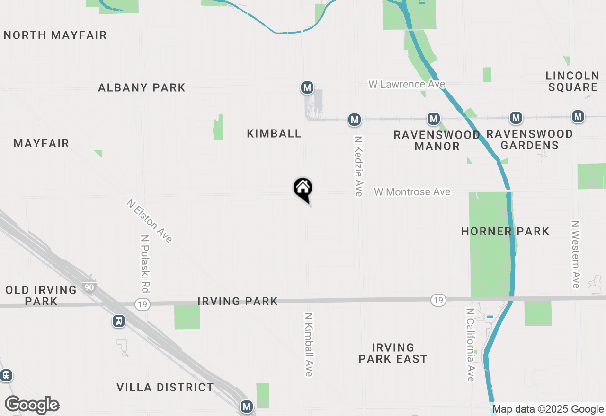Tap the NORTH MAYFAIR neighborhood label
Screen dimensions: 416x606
55,35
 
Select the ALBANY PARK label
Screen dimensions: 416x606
142,87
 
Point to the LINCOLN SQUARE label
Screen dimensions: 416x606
572,81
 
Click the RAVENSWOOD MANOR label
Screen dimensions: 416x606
437,140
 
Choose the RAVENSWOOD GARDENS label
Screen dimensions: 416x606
529,139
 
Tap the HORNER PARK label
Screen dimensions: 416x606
505,231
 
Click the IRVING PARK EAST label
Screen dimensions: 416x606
393,353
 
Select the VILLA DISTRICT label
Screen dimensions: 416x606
165,388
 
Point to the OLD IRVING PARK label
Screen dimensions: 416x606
41,295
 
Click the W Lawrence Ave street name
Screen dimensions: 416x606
407,84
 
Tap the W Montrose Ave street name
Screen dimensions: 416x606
412,191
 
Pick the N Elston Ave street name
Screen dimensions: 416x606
149,221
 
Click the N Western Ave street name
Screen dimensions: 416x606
576,254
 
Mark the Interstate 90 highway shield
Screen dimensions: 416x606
90,286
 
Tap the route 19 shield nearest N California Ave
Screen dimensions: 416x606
438,300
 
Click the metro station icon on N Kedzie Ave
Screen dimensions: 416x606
355,120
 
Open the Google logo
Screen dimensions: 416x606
32,405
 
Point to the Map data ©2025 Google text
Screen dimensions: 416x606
548,409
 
